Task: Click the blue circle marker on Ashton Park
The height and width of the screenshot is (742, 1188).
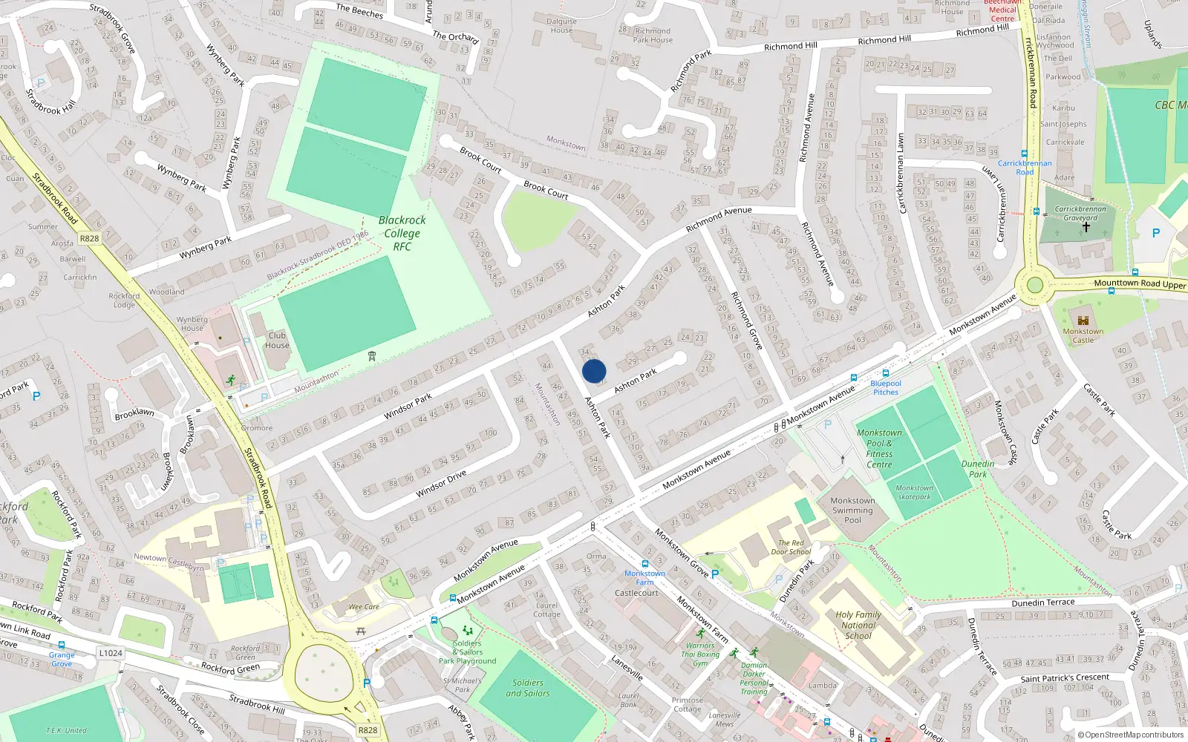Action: [x=594, y=371]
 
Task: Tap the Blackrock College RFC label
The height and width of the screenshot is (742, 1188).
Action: [x=402, y=233]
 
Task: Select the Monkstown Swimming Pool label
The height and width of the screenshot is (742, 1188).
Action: [x=852, y=510]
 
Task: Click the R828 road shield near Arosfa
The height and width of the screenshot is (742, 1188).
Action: [x=89, y=238]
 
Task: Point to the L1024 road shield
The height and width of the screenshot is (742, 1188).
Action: [x=111, y=653]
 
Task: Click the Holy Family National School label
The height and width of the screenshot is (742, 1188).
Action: [x=858, y=625]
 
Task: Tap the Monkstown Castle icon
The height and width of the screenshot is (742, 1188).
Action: [x=1083, y=319]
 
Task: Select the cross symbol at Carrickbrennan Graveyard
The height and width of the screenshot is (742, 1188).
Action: [x=1086, y=227]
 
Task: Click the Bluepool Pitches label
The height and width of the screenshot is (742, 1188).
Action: [x=886, y=387]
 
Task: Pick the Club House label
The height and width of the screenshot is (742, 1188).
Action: [x=277, y=341]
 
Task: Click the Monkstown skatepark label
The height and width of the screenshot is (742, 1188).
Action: [x=914, y=493]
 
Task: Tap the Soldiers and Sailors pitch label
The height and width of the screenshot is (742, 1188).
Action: [x=528, y=688]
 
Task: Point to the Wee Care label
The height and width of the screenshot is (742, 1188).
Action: [x=364, y=607]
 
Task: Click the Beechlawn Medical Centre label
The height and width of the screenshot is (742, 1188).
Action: [x=1002, y=10]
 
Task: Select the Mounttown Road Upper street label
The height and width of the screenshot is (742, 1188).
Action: [x=1140, y=283]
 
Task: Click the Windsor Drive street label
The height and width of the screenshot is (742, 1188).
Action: [x=441, y=484]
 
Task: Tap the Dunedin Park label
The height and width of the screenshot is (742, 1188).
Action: [x=978, y=469]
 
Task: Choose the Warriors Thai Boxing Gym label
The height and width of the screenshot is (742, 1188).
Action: [x=700, y=654]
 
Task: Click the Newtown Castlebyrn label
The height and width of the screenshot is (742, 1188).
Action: [x=169, y=562]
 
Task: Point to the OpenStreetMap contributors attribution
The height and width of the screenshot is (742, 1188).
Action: [x=1131, y=735]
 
